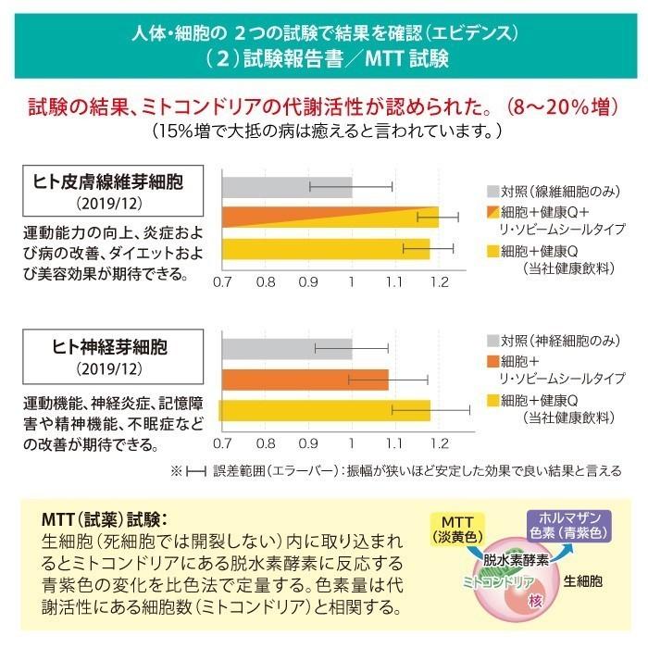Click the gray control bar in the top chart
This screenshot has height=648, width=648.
coord(285,186)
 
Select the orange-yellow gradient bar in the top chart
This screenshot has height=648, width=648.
coord(329,218)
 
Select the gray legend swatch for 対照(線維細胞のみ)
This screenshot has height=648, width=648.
coord(492,192)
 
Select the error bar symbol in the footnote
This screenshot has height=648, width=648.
coord(195,471)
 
